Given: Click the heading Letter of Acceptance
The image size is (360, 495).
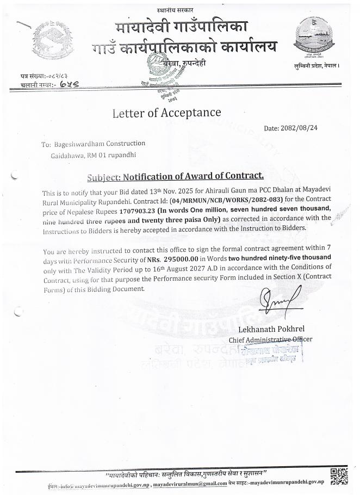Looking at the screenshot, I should point(166,113).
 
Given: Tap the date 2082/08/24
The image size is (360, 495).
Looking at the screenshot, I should point(300,128).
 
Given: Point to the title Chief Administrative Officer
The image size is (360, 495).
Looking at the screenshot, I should point(270,340).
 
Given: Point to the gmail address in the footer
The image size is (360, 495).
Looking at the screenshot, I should point(196,483).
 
